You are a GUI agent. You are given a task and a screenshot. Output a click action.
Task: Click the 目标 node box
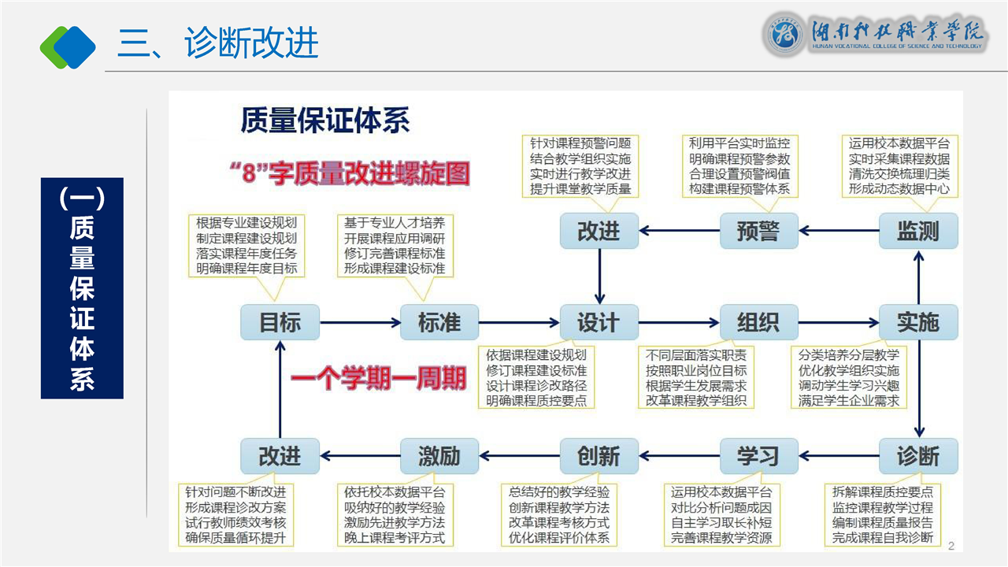tap(280, 322)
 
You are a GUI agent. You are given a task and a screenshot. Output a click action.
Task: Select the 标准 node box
tap(439, 322)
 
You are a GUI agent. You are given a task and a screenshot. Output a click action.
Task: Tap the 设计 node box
tap(598, 322)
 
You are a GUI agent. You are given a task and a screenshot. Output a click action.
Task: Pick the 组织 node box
tap(758, 322)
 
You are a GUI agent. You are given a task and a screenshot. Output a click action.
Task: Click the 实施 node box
tap(918, 322)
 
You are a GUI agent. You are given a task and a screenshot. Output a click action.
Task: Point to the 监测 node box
tap(918, 231)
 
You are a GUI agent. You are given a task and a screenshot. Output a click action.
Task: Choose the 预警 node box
tap(758, 231)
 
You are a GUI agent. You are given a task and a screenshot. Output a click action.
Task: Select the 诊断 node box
tap(918, 456)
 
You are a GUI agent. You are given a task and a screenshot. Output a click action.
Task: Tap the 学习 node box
tap(758, 456)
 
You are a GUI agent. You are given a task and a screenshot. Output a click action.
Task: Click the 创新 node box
tap(598, 456)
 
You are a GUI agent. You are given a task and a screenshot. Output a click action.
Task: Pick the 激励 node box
tap(439, 456)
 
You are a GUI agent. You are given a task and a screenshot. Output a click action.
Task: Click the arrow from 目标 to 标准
tap(359, 322)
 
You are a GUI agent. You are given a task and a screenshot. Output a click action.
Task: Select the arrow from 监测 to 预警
tap(838, 231)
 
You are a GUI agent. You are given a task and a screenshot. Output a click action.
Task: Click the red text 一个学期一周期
tap(379, 379)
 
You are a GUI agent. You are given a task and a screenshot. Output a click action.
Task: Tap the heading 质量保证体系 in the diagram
tap(325, 122)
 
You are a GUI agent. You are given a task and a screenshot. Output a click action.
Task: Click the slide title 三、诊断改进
tap(218, 43)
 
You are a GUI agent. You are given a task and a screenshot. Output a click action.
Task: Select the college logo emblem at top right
tap(784, 35)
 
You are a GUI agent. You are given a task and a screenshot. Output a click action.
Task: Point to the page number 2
tap(951, 546)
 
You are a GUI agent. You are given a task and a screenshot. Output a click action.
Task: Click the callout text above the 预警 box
tap(739, 166)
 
